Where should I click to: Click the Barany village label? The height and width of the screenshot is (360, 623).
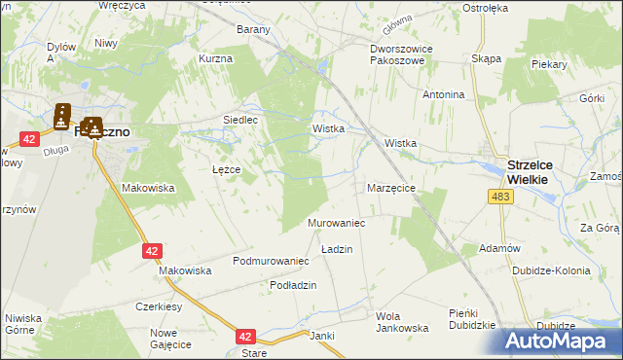click(x=253, y=29)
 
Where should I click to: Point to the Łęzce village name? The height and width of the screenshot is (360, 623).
click(x=225, y=169)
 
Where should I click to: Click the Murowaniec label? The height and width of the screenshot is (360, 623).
click(x=336, y=224)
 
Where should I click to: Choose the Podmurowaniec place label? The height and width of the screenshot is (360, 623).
click(x=271, y=262)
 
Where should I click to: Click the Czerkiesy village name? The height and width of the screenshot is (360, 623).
click(x=161, y=306)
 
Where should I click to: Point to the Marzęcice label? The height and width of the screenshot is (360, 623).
click(x=391, y=188)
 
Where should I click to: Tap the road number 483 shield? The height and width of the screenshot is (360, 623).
click(x=500, y=198)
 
